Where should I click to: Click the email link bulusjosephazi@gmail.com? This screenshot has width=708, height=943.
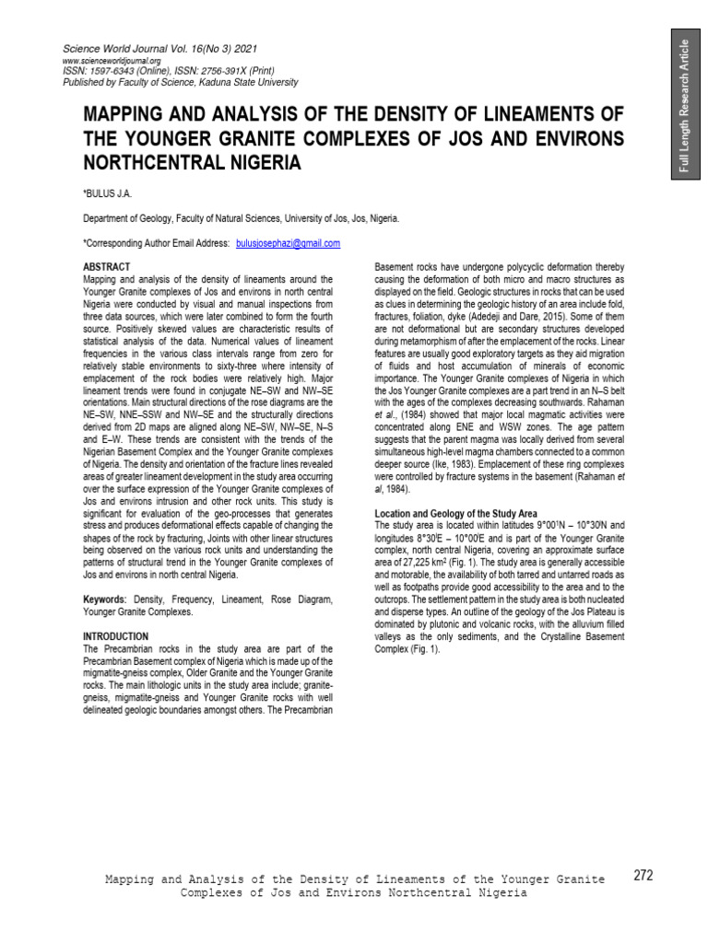click(289, 243)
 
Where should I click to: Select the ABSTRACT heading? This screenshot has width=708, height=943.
click(106, 266)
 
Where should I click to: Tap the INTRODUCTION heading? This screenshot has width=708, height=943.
click(115, 636)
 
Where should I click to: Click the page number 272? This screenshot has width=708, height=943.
click(643, 876)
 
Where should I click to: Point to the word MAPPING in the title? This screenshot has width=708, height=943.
click(133, 114)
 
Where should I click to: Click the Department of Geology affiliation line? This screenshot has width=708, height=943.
click(241, 219)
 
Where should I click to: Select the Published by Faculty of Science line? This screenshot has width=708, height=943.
click(180, 82)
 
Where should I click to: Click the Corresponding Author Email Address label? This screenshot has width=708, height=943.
click(155, 243)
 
